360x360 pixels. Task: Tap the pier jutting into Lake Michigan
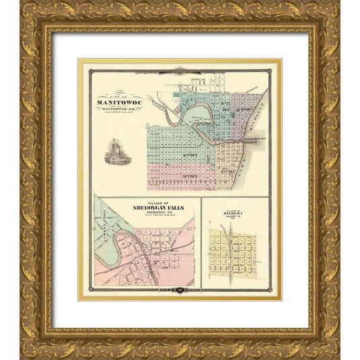coord(260,138)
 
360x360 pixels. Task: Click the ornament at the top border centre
coord(180,69)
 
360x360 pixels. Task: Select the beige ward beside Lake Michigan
coord(233,162)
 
